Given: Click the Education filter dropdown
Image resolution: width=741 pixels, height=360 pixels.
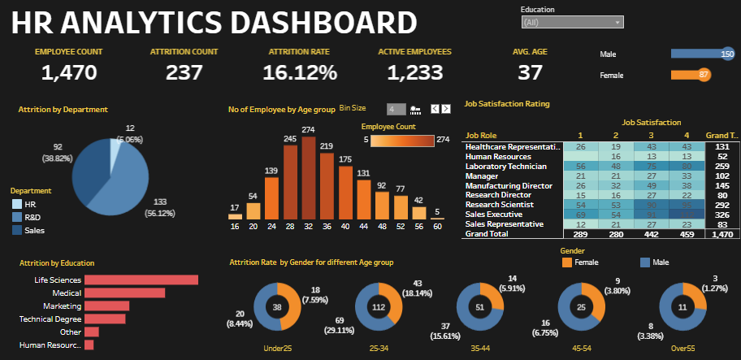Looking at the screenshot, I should [572, 23].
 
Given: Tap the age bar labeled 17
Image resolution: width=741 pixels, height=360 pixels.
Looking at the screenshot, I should [235, 216].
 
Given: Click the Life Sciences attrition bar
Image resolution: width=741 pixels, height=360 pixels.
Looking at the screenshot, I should [141, 280].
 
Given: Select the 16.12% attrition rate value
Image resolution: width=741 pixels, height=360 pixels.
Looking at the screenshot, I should [300, 72].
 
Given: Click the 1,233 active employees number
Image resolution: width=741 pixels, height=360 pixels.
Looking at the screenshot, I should [414, 72].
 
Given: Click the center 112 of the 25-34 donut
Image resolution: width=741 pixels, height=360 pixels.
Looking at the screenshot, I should [378, 308].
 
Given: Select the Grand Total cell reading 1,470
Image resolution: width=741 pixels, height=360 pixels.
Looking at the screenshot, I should [721, 233].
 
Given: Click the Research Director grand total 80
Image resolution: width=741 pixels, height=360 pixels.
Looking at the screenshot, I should [721, 194].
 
